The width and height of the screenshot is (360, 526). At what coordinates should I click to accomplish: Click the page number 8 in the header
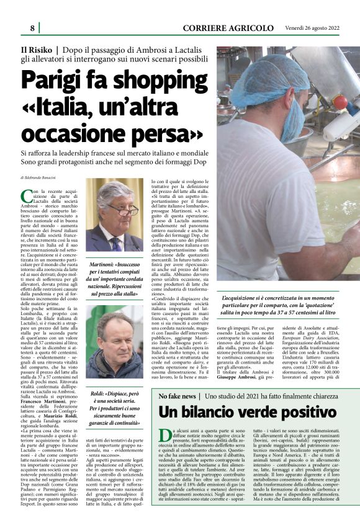[x=32, y=28]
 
